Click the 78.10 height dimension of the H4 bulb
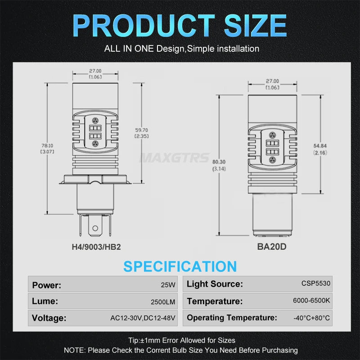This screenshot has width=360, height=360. click(47, 145)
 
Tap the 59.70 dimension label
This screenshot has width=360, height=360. click(141, 130)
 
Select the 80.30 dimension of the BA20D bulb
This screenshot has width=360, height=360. click(219, 162)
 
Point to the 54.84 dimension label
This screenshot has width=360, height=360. click(320, 146)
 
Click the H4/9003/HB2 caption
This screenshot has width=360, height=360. click(96, 247)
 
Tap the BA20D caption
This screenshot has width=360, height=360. click(272, 247)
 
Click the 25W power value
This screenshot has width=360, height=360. click(168, 285)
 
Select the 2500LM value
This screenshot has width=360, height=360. click(163, 301)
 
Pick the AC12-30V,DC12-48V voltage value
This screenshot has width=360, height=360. click(143, 318)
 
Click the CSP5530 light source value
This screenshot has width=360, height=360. click(316, 283)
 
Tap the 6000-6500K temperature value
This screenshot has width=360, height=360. click(311, 300)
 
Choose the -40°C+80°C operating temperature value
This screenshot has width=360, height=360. click(311, 318)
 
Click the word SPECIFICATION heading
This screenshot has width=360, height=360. click(180, 266)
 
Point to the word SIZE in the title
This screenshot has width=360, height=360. click(255, 26)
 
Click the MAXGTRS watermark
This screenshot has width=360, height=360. click(175, 158)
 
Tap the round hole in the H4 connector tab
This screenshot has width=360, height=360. click(95, 228)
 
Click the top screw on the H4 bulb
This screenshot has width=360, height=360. click(95, 121)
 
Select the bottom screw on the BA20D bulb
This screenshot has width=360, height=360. click(272, 160)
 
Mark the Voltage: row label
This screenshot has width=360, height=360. click(49, 318)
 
